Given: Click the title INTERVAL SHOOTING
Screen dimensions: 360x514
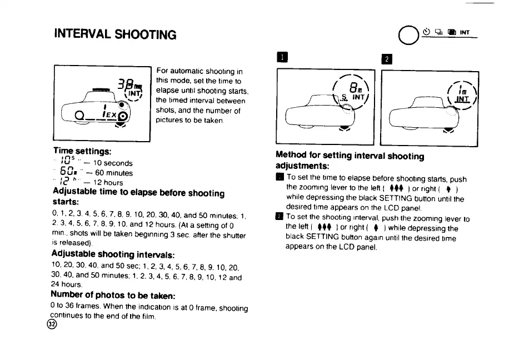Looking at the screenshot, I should [x=116, y=34].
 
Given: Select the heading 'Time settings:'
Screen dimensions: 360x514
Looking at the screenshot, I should [x=82, y=151].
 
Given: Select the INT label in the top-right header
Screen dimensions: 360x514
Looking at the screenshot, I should [x=465, y=32].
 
